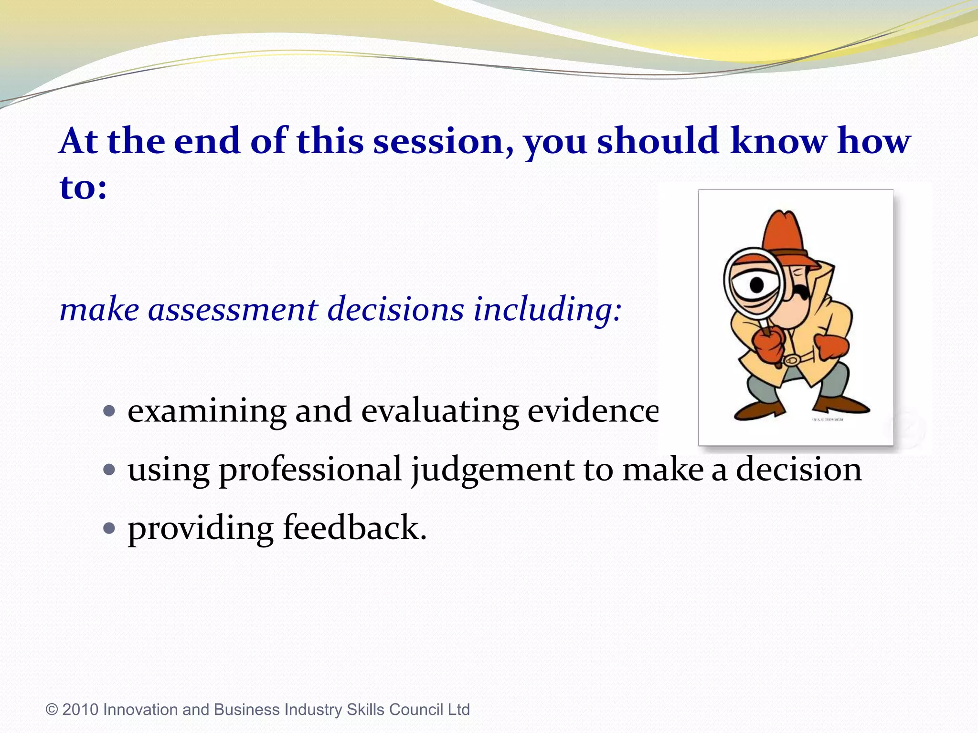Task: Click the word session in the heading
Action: tap(438, 142)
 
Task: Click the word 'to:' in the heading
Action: tap(83, 187)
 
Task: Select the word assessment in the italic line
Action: tap(233, 309)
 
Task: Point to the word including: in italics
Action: tap(547, 309)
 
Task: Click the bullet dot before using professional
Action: tap(109, 470)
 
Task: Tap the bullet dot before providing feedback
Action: tap(109, 528)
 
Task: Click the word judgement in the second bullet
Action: tap(492, 470)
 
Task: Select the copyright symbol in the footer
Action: tap(52, 710)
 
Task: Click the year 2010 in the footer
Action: tap(80, 710)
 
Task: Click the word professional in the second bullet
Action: tap(310, 470)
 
